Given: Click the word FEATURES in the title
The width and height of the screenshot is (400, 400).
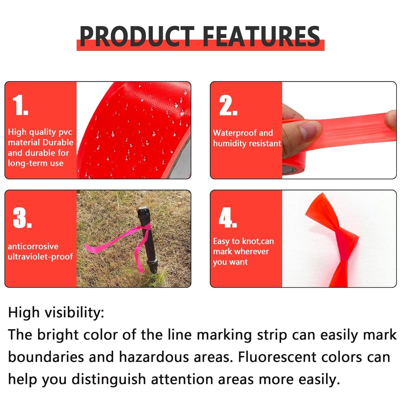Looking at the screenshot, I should coord(261,36).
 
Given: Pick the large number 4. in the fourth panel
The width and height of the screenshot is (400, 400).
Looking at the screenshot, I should coord(228,218).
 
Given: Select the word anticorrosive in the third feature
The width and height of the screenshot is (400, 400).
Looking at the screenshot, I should coord(33,246).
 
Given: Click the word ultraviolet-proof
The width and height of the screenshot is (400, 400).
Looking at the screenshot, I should coord(40,257).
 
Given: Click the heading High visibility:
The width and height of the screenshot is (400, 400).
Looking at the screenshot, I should coord(56,313).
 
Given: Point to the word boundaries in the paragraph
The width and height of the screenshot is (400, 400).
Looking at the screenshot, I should coord(46,357).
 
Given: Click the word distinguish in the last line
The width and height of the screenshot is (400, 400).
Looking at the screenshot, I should coord(109,379).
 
